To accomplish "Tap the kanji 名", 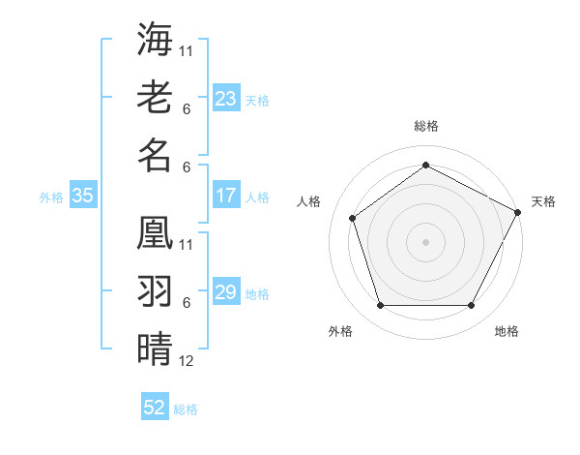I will (x=155, y=155).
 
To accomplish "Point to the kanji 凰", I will (x=155, y=232).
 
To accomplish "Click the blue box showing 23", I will (x=225, y=99).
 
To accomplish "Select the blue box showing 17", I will (x=225, y=196).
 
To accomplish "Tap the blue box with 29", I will (x=225, y=292).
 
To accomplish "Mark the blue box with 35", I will (x=82, y=196).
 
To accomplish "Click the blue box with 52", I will (x=155, y=408).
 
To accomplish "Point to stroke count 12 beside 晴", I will (x=187, y=362).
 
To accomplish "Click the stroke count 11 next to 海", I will (x=187, y=50).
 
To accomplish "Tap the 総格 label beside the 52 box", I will (x=186, y=409).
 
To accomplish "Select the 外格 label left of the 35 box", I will (x=51, y=197).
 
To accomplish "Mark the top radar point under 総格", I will (x=425, y=166).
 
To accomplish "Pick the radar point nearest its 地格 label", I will (x=471, y=306).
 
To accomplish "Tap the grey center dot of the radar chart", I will (x=425, y=241).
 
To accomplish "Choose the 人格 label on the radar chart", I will (x=309, y=201).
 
